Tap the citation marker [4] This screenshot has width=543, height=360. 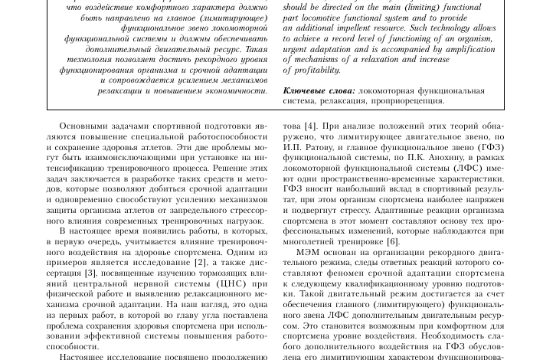[309, 126]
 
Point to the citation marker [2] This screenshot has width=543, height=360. [201, 262]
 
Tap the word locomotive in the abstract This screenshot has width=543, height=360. [329, 17]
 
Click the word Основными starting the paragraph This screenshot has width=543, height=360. [85, 126]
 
